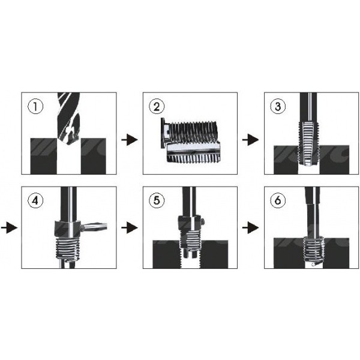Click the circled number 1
point(35,107)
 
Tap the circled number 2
point(157,107)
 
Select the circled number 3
point(278,107)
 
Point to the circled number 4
point(35,200)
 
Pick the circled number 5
point(157,200)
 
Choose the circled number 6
point(278,200)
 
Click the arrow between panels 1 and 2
point(129,140)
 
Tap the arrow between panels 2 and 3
point(250,140)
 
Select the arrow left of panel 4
point(9,228)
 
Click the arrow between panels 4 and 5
point(129,228)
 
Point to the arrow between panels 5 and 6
point(250,228)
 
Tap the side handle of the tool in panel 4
point(94,227)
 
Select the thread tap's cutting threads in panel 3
point(309,143)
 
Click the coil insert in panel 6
point(313,251)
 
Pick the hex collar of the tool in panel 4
point(67,230)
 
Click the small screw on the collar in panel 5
point(203,221)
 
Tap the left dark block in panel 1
point(44,156)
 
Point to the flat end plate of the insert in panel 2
point(163,133)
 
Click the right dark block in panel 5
point(215,254)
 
